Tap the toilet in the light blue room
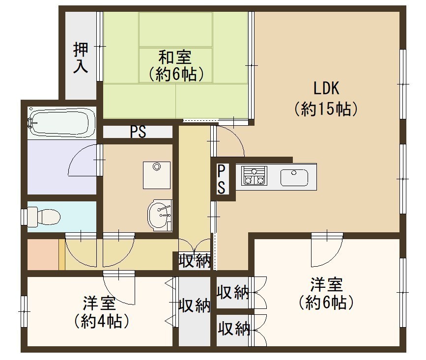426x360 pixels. pos(43,217)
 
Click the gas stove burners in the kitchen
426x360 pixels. pos(255,176)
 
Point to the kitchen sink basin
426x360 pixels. pos(294,178)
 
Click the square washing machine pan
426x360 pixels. pos(157,175)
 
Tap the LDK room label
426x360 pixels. pos(326,88)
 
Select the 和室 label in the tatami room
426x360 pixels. pos(175,57)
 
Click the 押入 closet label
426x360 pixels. pos(81,58)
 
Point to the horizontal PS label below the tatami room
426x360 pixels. pos(138,132)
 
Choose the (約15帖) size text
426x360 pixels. pos(326,109)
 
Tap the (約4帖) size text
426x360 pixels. pos(101,321)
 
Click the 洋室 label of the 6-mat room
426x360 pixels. pos(327,284)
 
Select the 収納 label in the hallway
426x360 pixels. pos(195,261)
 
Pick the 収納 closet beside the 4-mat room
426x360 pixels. pos(195,311)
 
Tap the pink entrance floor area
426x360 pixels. pos(43,254)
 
